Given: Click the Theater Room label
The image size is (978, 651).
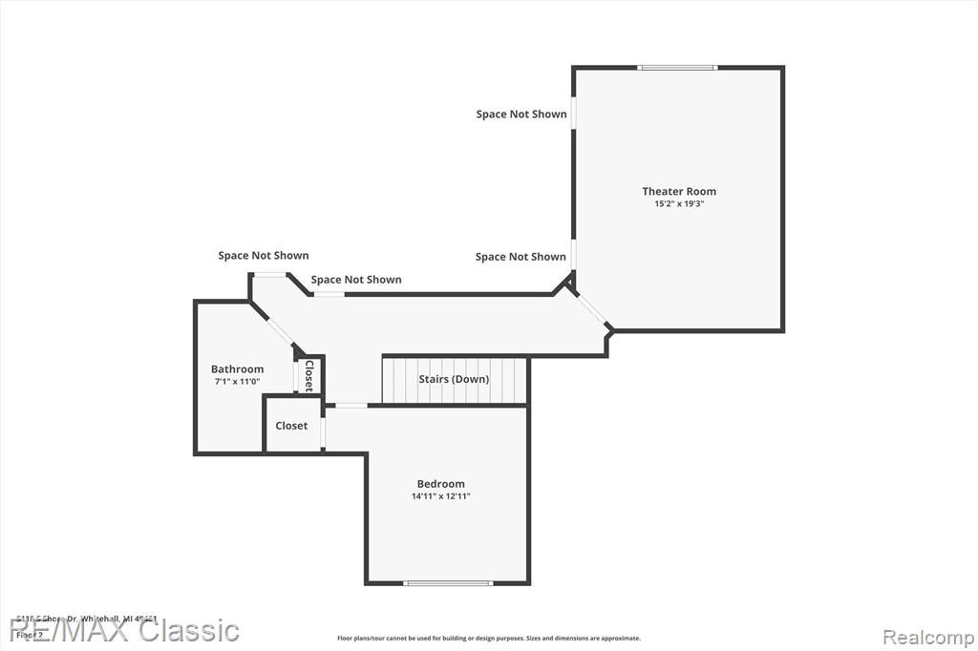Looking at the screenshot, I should pos(678,191).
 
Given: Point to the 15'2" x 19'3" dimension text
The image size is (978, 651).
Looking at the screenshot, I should pos(678,203).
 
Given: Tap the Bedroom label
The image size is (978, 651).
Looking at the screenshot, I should pos(440,484).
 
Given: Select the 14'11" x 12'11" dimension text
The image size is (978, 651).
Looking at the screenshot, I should pos(440,496).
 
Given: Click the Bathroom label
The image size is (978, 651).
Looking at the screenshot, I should pos(237,369).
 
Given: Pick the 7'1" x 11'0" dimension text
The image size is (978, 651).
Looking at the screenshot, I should pos(237,381).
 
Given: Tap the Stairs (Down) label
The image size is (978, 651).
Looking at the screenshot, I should pos(454,379).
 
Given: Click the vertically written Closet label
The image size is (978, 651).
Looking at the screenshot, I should pos(308,375).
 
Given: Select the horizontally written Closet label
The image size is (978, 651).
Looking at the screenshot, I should pos(291,426).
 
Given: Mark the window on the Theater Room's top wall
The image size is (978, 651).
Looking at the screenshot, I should pos(677,68).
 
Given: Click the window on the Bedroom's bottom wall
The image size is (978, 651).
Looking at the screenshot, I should pos(448,582).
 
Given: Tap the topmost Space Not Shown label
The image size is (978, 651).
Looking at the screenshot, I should pos(521,115).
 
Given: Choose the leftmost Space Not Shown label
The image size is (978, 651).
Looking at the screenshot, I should pos(264,256).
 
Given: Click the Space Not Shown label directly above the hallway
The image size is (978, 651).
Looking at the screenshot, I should pos(356,280).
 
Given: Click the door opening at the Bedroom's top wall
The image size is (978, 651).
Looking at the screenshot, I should pos(351,406).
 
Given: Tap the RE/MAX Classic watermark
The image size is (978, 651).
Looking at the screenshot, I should pos(124,630).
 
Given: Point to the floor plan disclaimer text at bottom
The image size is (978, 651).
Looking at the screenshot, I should pos(488,639).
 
